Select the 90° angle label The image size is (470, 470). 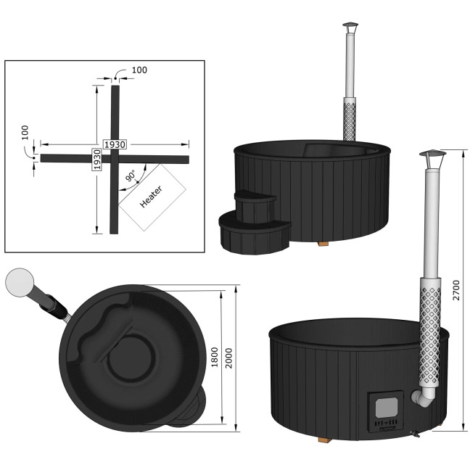pos(131,176)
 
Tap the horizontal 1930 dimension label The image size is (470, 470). pos(115,144)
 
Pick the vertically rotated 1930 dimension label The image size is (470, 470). pos(96,159)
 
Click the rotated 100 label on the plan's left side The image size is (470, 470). pos(25,133)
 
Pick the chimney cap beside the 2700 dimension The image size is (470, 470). pos(430,157)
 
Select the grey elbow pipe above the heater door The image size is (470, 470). pos(423,397)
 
